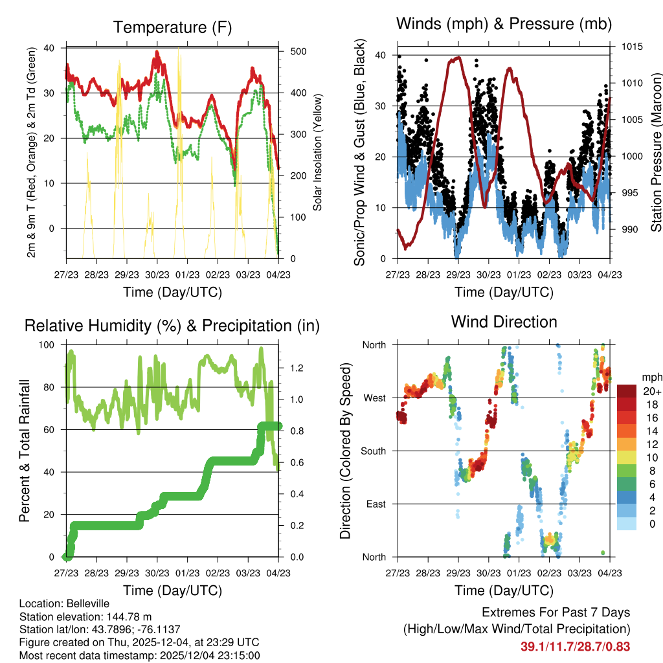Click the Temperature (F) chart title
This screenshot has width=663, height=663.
(x=172, y=27)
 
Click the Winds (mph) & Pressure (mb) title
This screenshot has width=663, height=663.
(x=504, y=24)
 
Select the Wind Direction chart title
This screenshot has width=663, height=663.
(x=504, y=322)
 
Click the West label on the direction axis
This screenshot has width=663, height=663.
(x=374, y=398)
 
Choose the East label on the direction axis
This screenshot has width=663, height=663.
(x=376, y=504)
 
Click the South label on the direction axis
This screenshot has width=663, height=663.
(x=374, y=451)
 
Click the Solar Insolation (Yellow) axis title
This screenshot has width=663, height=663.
(x=318, y=152)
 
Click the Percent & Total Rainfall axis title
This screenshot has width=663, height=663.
(x=25, y=451)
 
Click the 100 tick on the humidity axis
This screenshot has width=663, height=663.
(x=48, y=344)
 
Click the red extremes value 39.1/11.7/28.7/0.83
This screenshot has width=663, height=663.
(x=575, y=646)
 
